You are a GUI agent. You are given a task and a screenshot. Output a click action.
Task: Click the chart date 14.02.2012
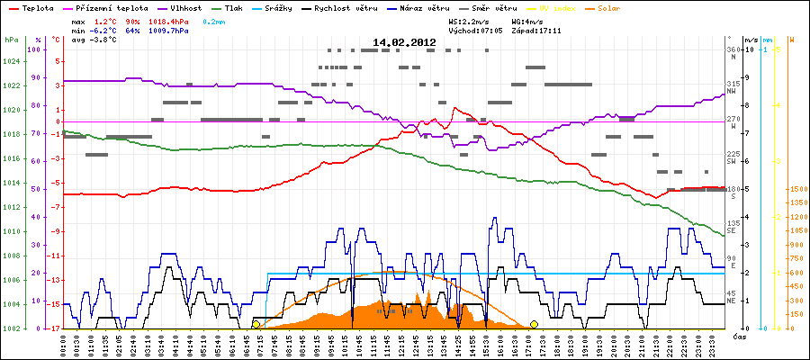point(404,42)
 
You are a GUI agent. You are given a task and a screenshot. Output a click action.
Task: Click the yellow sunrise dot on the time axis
point(256,324)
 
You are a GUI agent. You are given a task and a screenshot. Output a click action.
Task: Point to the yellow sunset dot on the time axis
point(534,324)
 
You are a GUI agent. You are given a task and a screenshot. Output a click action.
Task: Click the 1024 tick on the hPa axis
point(11,62)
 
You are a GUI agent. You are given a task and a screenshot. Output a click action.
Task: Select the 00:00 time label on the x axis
point(66,345)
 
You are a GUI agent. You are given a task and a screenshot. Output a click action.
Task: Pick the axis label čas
point(739,336)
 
